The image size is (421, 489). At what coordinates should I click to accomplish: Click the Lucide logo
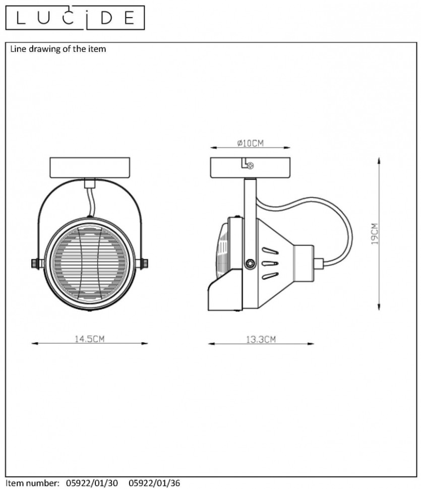point(75,18)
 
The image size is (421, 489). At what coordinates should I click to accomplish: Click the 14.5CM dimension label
point(90,339)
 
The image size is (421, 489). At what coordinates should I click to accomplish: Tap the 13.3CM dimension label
point(261,339)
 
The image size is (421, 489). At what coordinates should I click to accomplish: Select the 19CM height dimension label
point(375,233)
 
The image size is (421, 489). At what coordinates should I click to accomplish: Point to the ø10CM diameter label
point(250,143)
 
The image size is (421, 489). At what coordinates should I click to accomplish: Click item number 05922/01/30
point(92,483)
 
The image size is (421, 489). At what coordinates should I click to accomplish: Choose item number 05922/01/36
point(154,483)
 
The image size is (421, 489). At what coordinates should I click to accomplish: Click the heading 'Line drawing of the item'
point(58,49)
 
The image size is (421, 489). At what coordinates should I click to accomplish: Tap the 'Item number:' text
point(32,483)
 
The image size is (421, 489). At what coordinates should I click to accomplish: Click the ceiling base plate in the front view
point(90,167)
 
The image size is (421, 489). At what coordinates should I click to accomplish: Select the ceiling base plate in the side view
point(250,167)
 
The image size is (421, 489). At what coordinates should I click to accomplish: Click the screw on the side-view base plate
point(250,166)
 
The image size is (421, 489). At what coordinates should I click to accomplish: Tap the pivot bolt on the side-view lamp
point(250,264)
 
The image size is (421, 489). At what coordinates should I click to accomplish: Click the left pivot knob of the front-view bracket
point(37,264)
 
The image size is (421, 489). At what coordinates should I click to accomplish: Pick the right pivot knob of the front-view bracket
point(142,264)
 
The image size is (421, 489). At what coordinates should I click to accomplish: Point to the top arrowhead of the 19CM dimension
point(379,160)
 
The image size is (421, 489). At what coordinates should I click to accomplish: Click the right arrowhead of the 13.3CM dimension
point(311,344)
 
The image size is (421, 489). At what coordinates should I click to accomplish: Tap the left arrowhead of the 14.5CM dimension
point(35,343)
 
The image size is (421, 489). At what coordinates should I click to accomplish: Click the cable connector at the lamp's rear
point(318,264)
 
